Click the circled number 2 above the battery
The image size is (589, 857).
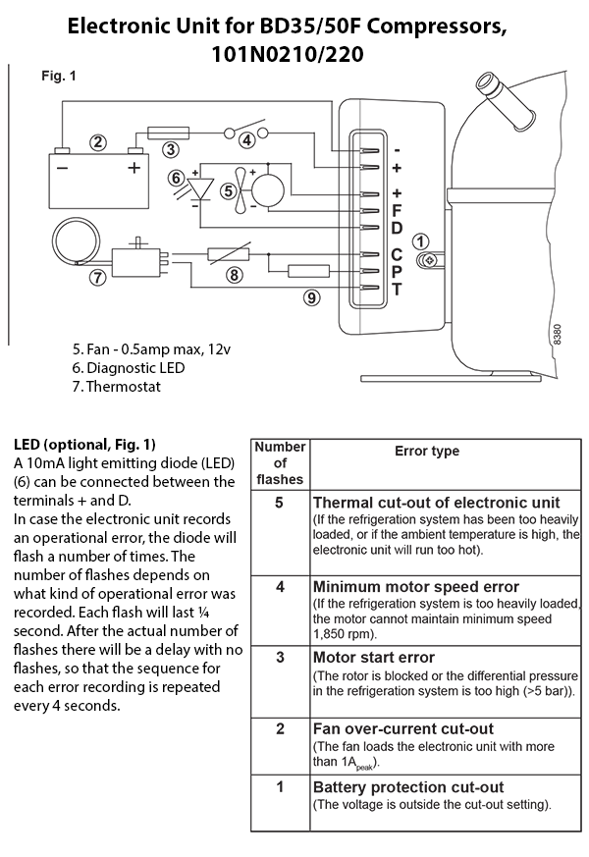pyautogui.click(x=98, y=142)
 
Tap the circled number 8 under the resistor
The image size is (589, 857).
pyautogui.click(x=235, y=274)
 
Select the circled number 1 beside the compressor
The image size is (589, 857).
pyautogui.click(x=420, y=241)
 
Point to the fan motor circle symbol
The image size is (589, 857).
pyautogui.click(x=268, y=190)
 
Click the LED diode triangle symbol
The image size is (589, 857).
pyautogui.click(x=201, y=189)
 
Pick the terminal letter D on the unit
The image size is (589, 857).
pyautogui.click(x=398, y=228)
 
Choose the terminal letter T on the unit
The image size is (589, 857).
pyautogui.click(x=398, y=289)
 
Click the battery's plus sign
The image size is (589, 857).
pyautogui.click(x=134, y=167)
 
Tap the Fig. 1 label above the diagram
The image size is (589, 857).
pyautogui.click(x=59, y=76)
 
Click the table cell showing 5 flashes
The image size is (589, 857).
pyautogui.click(x=280, y=532)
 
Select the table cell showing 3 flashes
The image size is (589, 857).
pyautogui.click(x=280, y=681)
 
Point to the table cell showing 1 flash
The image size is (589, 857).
pyautogui.click(x=280, y=803)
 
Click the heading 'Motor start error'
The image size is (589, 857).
pyautogui.click(x=374, y=657)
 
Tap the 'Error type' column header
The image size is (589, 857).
pyautogui.click(x=427, y=451)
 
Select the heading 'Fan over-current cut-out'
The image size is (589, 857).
pyautogui.click(x=403, y=728)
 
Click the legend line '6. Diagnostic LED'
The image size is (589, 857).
pyautogui.click(x=129, y=368)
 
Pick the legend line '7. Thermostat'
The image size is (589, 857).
pyautogui.click(x=117, y=387)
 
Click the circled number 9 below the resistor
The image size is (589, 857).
pyautogui.click(x=311, y=297)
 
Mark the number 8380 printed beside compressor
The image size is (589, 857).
pyautogui.click(x=557, y=334)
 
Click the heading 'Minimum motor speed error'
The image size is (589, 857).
pyautogui.click(x=416, y=586)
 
